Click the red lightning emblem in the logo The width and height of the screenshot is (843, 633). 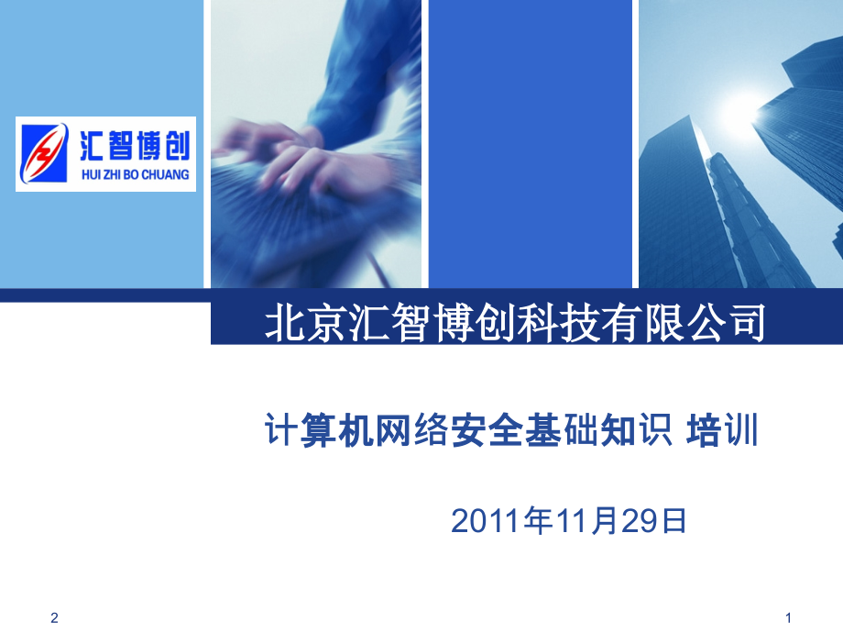[x=44, y=153]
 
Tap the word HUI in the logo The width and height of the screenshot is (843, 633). [x=91, y=174]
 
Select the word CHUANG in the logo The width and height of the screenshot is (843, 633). [x=166, y=174]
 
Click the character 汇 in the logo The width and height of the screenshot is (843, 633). [x=93, y=145]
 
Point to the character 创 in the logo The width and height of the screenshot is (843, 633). [x=177, y=145]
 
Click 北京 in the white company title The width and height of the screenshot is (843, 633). [x=305, y=323]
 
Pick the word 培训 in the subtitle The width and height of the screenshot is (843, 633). [x=722, y=430]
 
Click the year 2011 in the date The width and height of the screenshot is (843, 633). [x=486, y=521]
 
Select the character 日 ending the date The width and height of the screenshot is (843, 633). [x=674, y=521]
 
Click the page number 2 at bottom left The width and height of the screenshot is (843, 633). [x=54, y=618]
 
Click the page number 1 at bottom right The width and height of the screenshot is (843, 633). [x=788, y=618]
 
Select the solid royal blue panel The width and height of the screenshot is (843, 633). [x=531, y=144]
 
